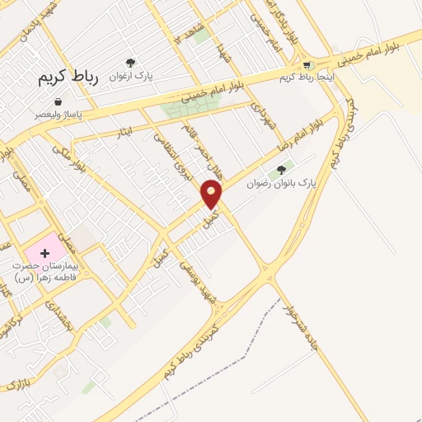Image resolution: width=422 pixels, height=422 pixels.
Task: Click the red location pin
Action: pos(213,195)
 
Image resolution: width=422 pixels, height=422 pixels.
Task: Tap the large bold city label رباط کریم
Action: pos(68,77)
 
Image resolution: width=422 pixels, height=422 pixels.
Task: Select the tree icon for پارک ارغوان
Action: pos(129,63)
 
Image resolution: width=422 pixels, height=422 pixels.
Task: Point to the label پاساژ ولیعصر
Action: pos(57,115)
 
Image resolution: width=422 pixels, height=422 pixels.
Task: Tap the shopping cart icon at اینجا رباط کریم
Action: pos(307,64)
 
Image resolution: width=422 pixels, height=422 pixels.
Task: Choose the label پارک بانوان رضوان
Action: pos(282,183)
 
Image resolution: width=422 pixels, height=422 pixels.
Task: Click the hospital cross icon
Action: pos(45,251)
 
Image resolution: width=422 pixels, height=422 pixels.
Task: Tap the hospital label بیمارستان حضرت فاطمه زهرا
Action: pos(45,272)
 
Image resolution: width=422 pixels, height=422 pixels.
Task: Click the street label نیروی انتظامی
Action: pos(182,165)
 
